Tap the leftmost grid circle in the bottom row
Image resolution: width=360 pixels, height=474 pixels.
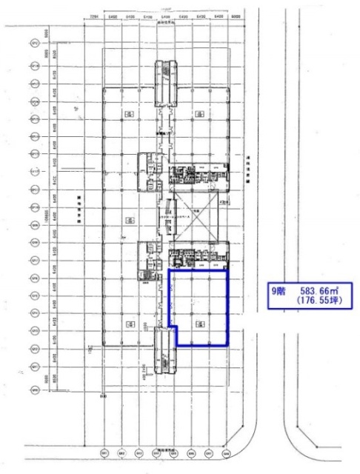pos(104,454)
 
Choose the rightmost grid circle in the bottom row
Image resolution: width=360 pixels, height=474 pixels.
pos(227,454)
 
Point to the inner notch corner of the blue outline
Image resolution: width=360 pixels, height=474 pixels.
pos(176,326)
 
